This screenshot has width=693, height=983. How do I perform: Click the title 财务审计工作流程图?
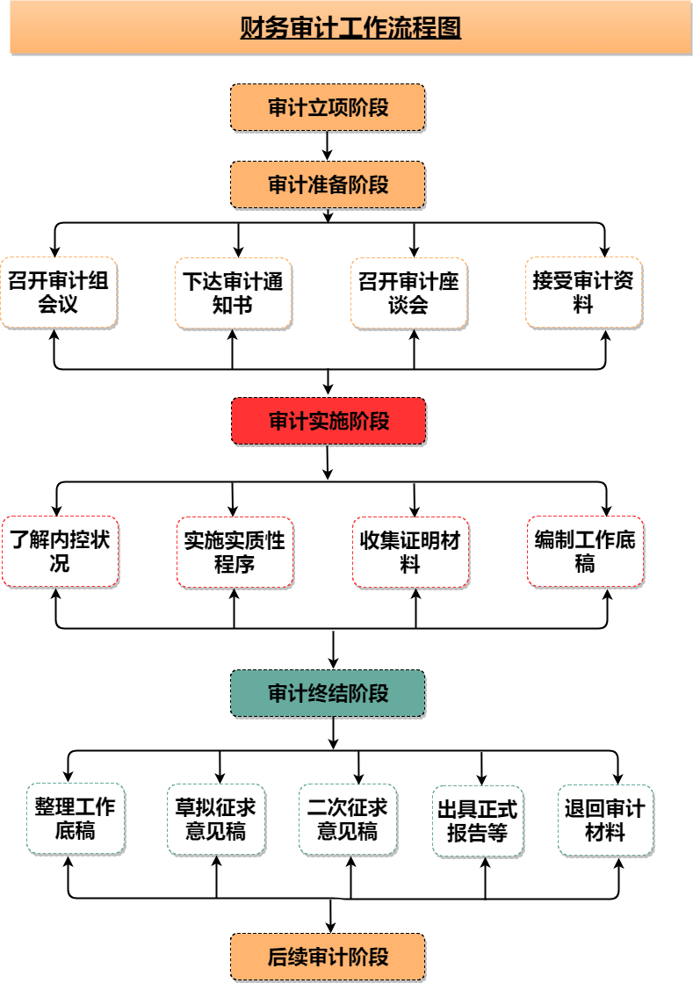[x=350, y=27]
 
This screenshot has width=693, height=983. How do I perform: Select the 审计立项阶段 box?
[x=328, y=108]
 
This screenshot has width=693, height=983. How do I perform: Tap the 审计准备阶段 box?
[x=328, y=185]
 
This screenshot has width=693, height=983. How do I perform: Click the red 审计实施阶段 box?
[x=328, y=422]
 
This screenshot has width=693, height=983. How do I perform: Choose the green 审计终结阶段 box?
[x=328, y=693]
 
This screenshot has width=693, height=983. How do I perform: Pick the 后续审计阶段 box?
[x=328, y=958]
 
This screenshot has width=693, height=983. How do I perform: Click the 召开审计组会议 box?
[x=59, y=293]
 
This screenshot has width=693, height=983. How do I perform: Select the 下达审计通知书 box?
[x=233, y=293]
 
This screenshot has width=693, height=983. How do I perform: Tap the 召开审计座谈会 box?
[x=408, y=293]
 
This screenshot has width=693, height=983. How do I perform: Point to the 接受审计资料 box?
[x=584, y=293]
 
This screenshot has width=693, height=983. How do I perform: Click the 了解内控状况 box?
[x=60, y=552]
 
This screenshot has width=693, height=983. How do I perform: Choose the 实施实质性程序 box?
[x=235, y=553]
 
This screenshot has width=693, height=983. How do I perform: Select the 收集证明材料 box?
[x=410, y=553]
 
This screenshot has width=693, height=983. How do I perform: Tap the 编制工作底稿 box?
[x=585, y=552]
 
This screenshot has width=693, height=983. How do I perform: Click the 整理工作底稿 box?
[x=76, y=819]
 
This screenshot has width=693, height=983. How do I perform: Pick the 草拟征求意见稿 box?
[x=216, y=820]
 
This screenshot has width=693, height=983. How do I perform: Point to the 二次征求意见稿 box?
[x=348, y=820]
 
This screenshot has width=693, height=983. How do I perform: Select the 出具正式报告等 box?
[x=478, y=821]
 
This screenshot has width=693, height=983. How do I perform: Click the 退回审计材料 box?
[x=605, y=820]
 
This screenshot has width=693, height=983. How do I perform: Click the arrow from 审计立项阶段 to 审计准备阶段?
[x=328, y=146]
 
